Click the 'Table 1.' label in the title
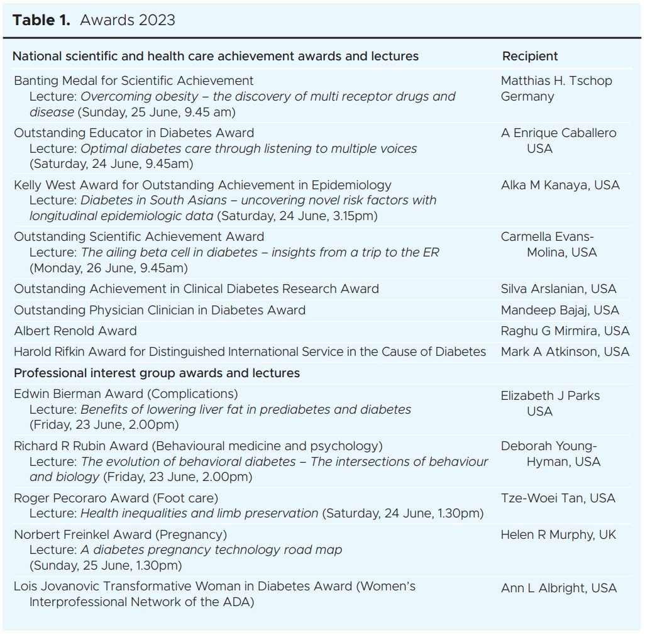click(41, 20)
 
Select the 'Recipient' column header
click(529, 56)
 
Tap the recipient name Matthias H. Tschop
click(556, 80)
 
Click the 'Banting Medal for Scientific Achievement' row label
click(134, 80)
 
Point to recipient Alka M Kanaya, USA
click(560, 185)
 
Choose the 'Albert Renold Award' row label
click(75, 331)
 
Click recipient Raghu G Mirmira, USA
click(565, 331)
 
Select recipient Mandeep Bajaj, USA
click(560, 310)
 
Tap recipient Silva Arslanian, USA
click(558, 289)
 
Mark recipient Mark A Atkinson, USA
click(565, 352)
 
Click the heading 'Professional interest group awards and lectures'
click(157, 373)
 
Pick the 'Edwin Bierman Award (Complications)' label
click(126, 394)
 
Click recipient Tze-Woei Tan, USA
click(558, 498)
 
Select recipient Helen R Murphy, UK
click(558, 534)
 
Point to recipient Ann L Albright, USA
click(558, 588)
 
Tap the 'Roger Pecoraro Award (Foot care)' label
click(116, 498)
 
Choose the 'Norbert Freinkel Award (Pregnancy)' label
click(120, 534)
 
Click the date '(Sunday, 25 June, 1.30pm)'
click(105, 565)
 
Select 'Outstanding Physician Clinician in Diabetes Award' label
click(160, 310)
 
